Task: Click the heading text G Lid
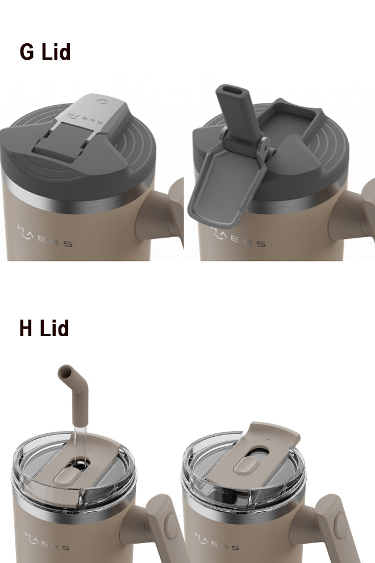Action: pos(45,52)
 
